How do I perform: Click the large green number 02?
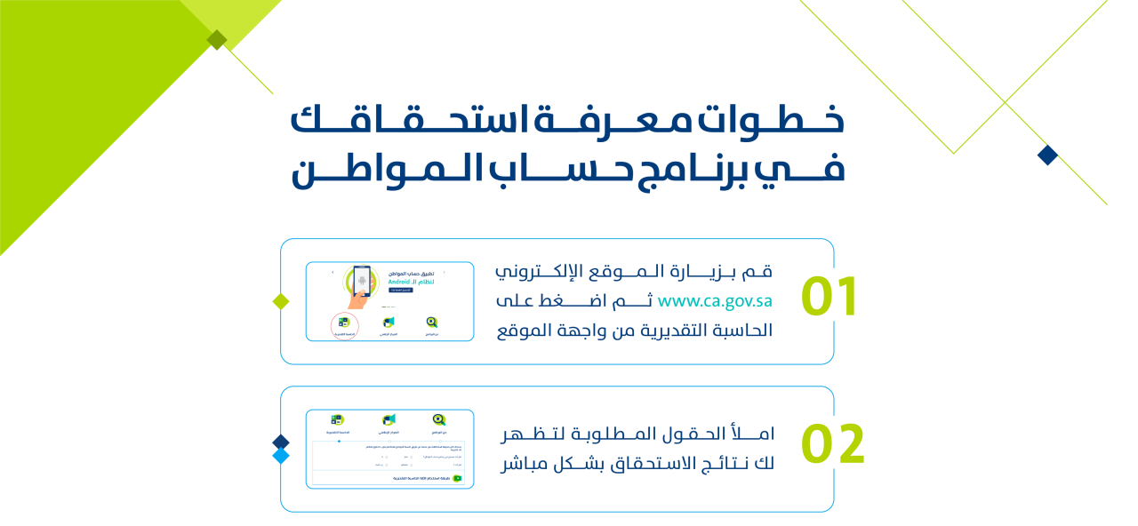click(x=833, y=445)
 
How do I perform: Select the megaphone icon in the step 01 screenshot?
click(x=389, y=323)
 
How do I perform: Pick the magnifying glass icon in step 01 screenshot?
click(x=432, y=323)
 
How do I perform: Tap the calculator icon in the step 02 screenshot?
click(x=338, y=419)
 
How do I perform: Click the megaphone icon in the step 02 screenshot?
click(x=389, y=419)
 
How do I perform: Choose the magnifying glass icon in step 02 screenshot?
click(x=438, y=419)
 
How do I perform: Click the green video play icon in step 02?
click(x=458, y=478)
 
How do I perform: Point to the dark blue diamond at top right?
click(x=1048, y=155)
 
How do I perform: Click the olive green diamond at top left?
click(x=216, y=39)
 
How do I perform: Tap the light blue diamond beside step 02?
click(x=281, y=456)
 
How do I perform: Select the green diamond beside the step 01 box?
click(x=281, y=301)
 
